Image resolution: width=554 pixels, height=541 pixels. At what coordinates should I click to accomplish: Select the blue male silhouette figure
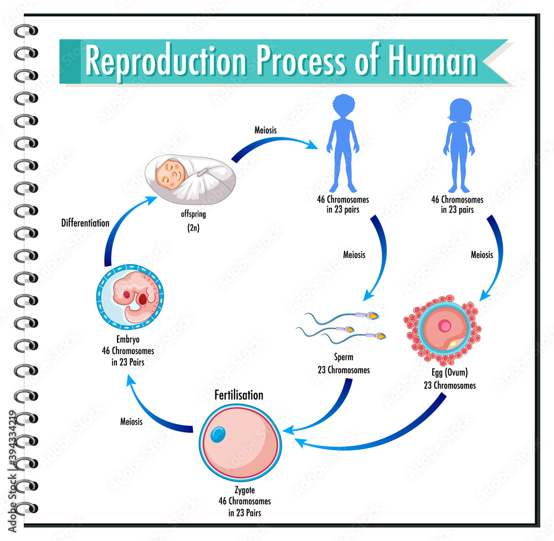[x=342, y=142]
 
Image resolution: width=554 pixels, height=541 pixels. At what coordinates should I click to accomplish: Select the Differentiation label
[x=86, y=222]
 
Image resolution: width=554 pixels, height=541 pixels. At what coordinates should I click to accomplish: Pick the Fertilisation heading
[x=239, y=395]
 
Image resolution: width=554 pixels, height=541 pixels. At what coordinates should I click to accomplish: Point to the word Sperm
[x=343, y=358]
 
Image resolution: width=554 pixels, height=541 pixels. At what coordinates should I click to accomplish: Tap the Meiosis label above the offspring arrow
[x=265, y=131]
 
